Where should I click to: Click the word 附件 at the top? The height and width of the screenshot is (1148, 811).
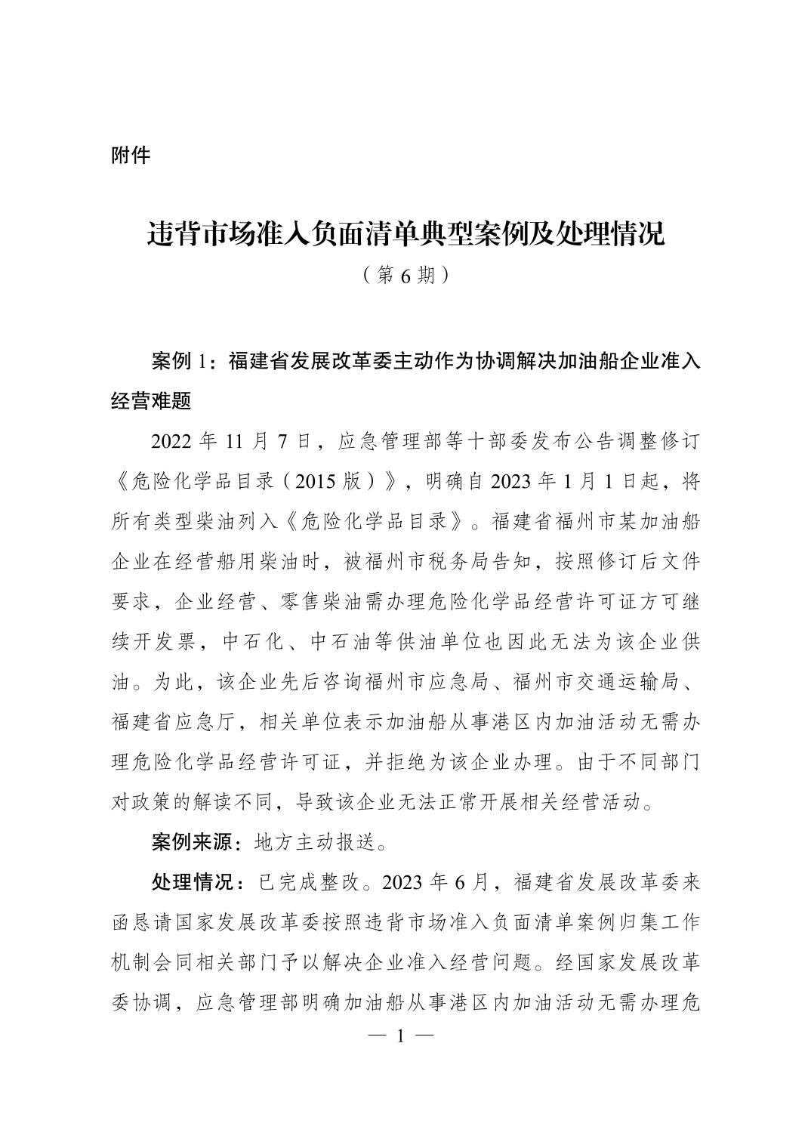point(131,156)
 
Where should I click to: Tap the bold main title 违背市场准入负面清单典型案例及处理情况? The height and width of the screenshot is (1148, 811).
point(405,234)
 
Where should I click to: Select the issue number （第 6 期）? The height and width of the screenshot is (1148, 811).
point(405,275)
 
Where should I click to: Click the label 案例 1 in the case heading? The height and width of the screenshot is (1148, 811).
point(178,362)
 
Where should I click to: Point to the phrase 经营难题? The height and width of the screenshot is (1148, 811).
point(150,401)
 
